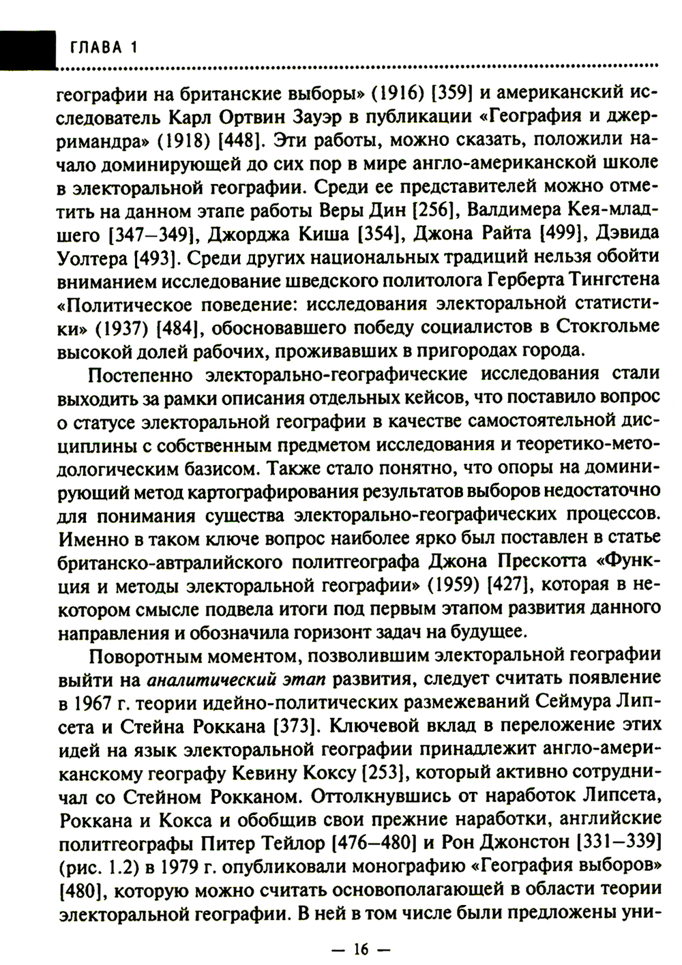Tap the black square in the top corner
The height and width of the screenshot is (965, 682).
click(x=27, y=48)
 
